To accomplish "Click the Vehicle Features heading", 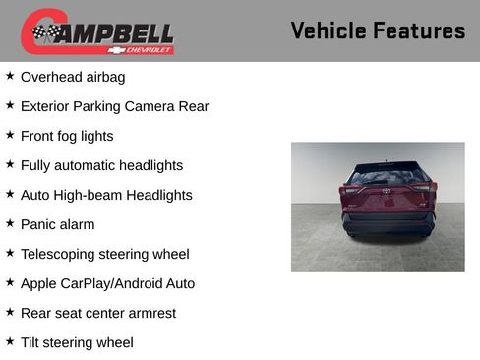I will [378, 30].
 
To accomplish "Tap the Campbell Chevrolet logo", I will [97, 31].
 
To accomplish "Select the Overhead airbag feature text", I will [73, 77].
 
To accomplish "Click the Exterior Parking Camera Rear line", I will [114, 106].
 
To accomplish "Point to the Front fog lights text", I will [67, 136].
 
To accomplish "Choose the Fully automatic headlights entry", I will [101, 165].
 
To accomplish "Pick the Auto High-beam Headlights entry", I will [106, 195].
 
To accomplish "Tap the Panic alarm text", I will [57, 224].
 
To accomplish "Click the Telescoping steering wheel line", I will [104, 254].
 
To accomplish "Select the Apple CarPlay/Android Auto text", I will [107, 283].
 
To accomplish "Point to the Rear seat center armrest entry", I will [98, 313].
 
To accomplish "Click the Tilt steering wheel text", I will [77, 342].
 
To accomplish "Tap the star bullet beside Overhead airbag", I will [10, 75].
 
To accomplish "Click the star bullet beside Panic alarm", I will [10, 222].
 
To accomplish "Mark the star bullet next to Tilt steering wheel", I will [10, 340].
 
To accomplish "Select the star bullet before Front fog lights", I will [10, 134].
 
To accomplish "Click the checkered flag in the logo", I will [45, 32].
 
